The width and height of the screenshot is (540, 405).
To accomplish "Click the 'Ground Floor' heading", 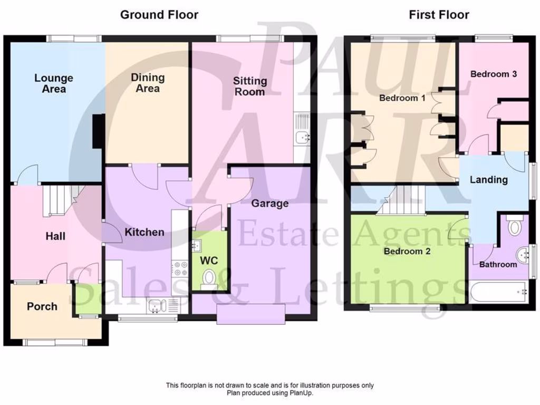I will click(159, 15).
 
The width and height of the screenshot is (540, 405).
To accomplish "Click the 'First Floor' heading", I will click(439, 15).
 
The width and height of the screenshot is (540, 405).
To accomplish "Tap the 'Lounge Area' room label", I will click(54, 83).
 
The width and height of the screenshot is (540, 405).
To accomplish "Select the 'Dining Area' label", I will click(148, 83).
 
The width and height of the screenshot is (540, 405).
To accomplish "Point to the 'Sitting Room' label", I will click(250, 86).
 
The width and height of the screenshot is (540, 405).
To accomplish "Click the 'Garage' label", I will click(269, 204).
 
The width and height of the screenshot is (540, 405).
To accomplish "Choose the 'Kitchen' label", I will click(144, 232).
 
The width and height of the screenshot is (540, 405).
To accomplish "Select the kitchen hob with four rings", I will click(180, 268).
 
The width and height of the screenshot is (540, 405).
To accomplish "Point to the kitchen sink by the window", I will click(157, 304).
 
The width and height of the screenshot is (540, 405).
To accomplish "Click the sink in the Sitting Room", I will click(302, 138).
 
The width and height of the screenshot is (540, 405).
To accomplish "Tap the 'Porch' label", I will click(42, 306).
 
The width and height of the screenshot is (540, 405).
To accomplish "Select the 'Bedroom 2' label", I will click(407, 251).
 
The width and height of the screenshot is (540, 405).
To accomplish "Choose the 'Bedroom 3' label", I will click(493, 74).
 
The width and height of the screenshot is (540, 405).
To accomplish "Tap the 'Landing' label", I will click(489, 180).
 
